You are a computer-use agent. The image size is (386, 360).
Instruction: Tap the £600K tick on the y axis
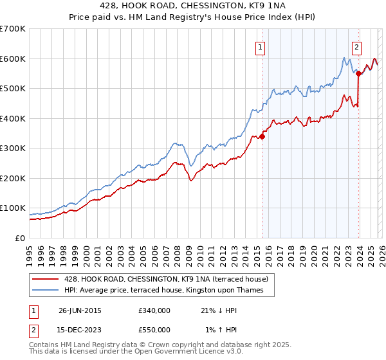tap(13, 59)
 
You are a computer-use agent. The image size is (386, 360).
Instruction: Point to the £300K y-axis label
tap(13, 148)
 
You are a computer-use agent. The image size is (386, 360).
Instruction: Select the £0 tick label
tap(21, 239)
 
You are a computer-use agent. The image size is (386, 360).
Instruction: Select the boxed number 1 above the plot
tap(260, 46)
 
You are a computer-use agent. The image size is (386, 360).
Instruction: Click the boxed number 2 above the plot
tap(356, 46)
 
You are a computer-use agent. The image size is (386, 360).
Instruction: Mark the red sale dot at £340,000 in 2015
tap(262, 136)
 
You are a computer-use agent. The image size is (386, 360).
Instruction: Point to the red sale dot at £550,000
tap(358, 73)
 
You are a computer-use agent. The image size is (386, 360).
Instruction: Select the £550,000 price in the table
tap(154, 330)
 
